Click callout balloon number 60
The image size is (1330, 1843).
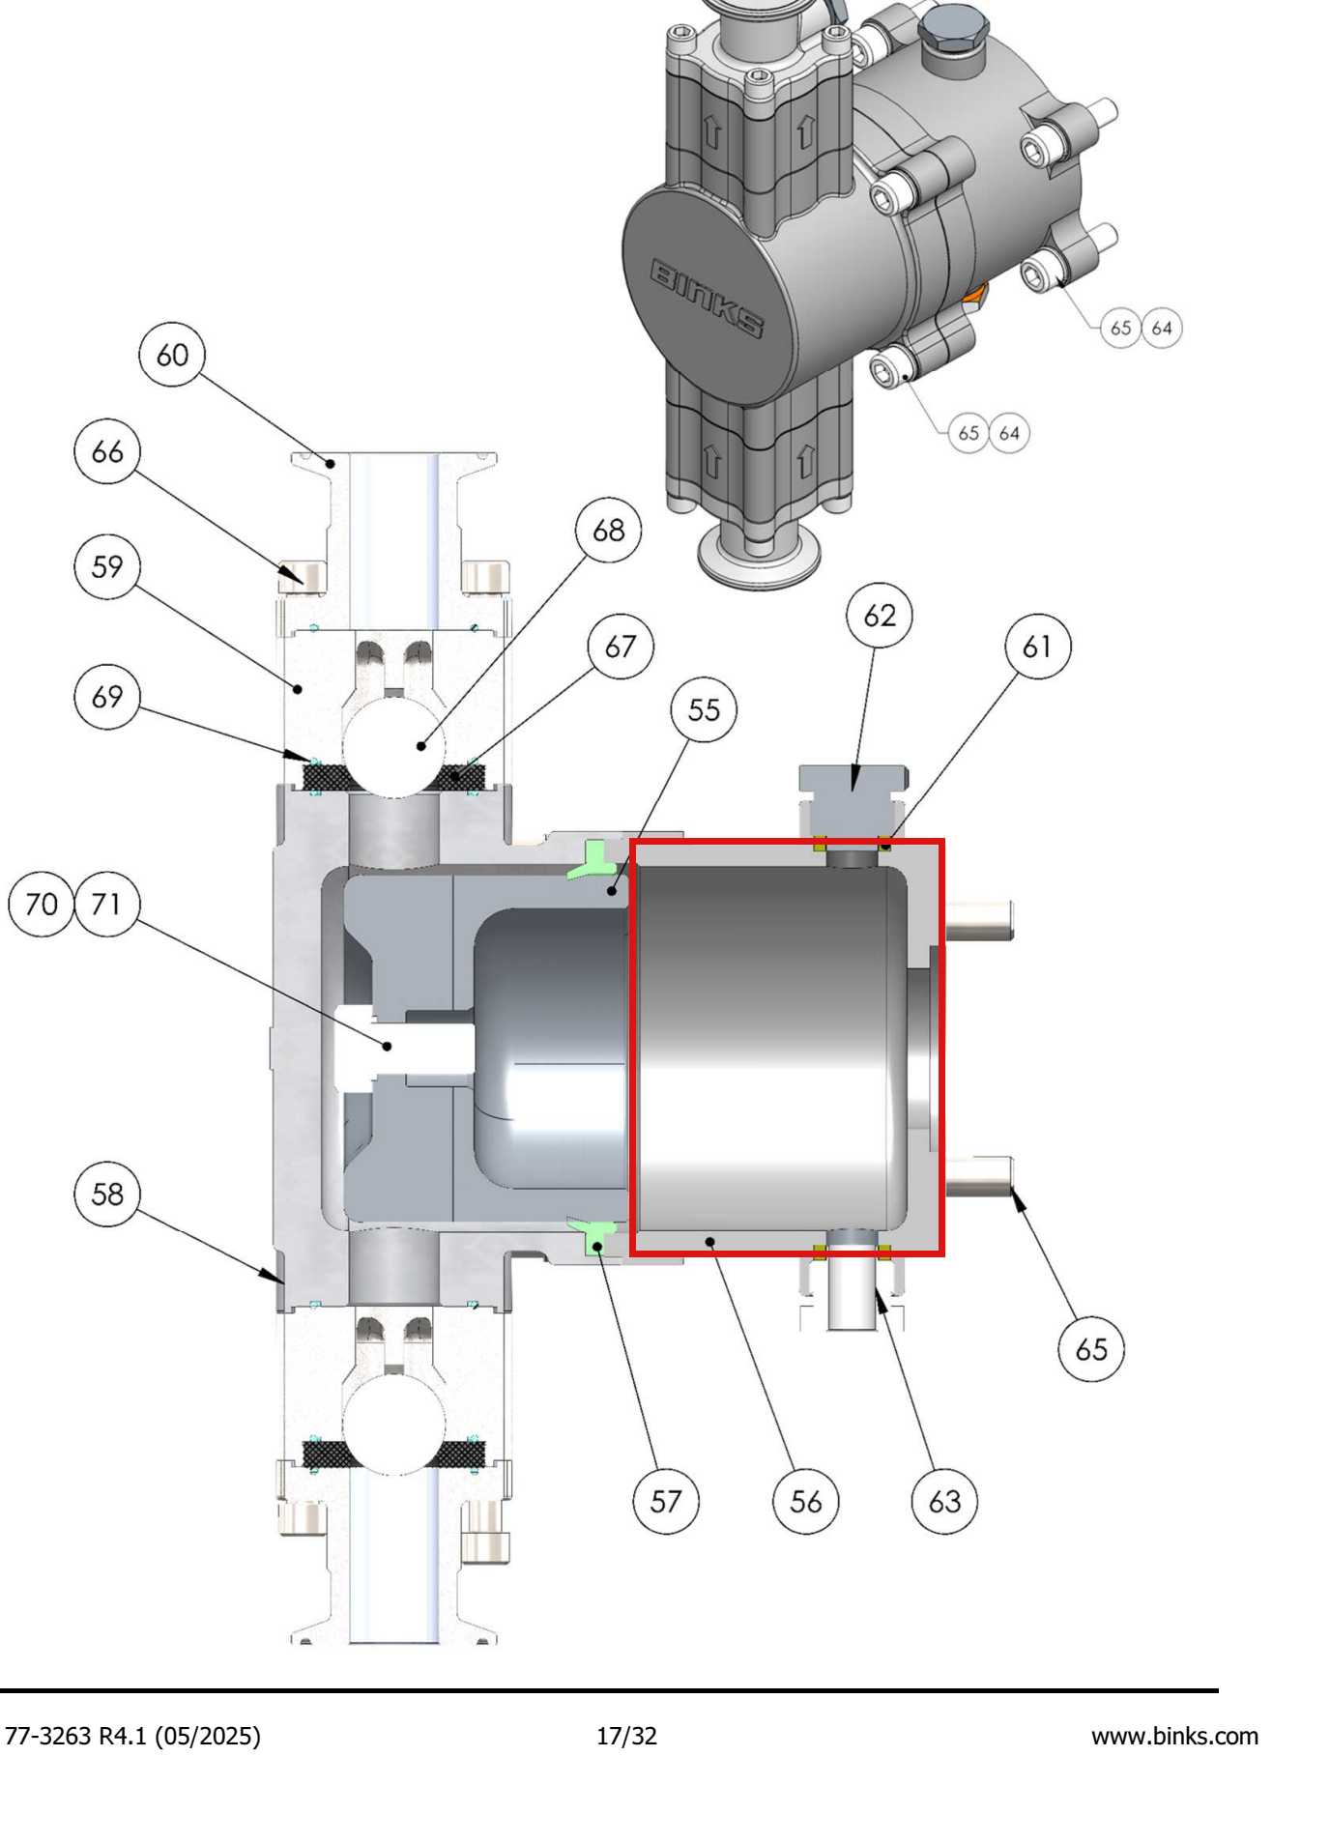tap(172, 355)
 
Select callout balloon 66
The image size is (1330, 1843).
tap(107, 451)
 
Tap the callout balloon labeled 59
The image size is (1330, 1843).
tap(107, 566)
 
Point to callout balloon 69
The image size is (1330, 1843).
tap(107, 697)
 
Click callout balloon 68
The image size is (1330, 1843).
tap(608, 530)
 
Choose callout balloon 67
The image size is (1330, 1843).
tap(621, 646)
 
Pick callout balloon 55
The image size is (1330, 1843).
tap(704, 710)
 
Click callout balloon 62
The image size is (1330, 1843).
tap(880, 616)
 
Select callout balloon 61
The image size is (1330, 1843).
tap(1038, 646)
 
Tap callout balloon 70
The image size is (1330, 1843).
tap(42, 905)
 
